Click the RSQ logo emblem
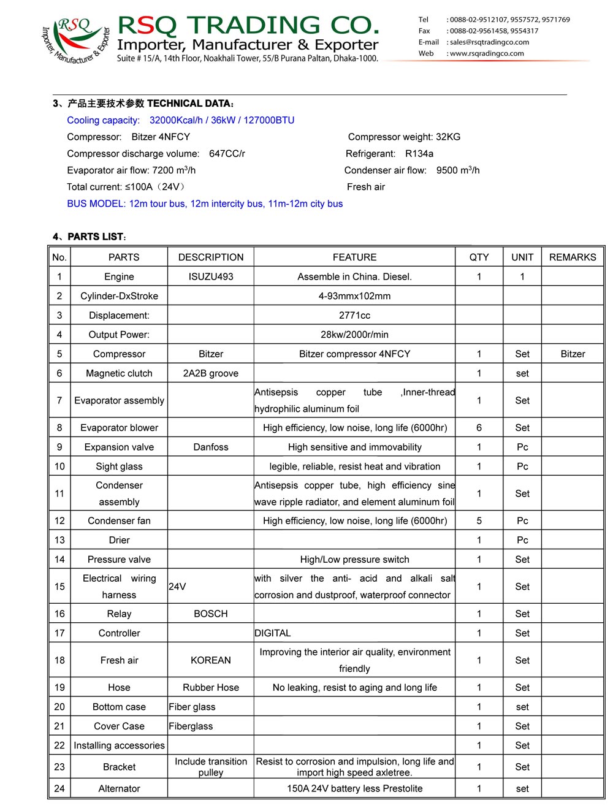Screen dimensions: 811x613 [x=75, y=39]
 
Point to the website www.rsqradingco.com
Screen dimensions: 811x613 [x=487, y=53]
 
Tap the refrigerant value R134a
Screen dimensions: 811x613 [x=419, y=154]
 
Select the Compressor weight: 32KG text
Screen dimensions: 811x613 [x=404, y=137]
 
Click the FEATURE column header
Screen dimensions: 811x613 [x=354, y=257]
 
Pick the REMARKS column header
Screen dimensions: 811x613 [x=573, y=257]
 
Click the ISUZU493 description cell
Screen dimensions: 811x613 [x=211, y=277]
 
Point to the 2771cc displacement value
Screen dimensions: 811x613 [x=354, y=316]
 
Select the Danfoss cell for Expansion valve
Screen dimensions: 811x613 [x=211, y=447]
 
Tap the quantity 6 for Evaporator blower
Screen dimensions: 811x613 [x=479, y=428]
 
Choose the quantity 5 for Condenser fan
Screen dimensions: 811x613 [x=479, y=521]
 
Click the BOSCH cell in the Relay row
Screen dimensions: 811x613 [x=211, y=614]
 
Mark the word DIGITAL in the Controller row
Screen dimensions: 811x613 [x=273, y=633]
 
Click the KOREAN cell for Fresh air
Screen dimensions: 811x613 [x=211, y=661]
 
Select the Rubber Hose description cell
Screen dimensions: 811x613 [x=211, y=688]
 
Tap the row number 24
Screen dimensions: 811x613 [x=59, y=789]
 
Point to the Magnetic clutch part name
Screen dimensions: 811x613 [x=119, y=374]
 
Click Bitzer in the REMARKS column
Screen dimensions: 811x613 [x=573, y=354]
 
